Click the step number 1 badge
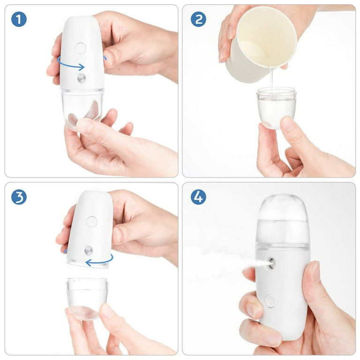point(19,19)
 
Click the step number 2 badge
point(198,19)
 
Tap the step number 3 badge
point(19,197)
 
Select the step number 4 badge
point(198,197)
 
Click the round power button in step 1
point(81,47)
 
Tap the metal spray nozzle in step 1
point(82,78)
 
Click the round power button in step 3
point(92,222)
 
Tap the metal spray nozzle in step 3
point(88,250)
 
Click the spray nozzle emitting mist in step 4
point(271,263)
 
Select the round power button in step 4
point(270,300)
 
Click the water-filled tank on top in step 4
point(283,218)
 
